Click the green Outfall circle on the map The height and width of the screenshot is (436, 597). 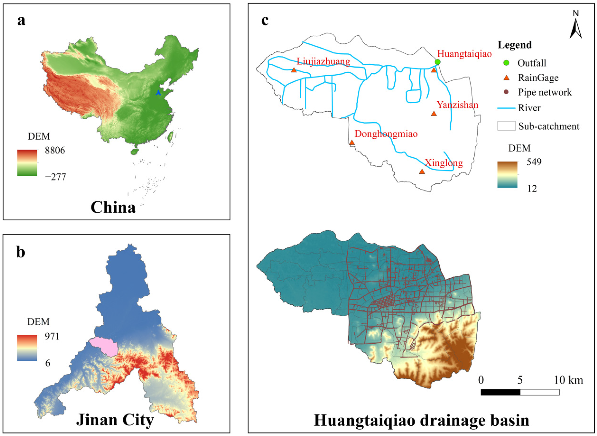(438, 62)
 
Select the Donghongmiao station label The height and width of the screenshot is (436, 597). (386, 134)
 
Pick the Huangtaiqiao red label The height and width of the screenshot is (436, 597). (464, 54)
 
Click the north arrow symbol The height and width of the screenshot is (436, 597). (576, 29)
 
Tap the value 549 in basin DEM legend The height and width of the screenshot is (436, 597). (534, 162)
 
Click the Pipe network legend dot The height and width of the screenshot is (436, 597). (506, 92)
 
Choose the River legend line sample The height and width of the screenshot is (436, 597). (506, 108)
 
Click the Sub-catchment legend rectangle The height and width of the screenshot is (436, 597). (506, 126)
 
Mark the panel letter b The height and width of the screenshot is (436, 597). (21, 252)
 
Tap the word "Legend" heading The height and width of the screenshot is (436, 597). (515, 45)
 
